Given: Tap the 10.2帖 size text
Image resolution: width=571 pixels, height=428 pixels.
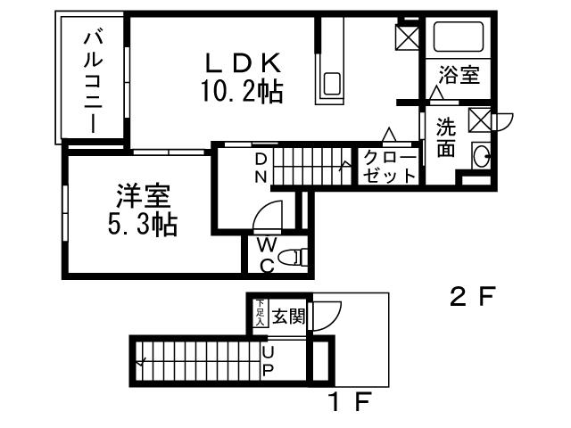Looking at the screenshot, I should click(x=243, y=90).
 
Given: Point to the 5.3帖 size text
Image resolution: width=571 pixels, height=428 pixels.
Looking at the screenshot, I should click(x=141, y=225).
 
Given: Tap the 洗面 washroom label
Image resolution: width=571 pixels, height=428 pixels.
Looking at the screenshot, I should click(x=445, y=137).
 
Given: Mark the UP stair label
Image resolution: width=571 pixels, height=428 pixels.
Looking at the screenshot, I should click(x=268, y=363).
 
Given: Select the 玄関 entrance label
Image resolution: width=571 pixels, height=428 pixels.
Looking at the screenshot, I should click(x=288, y=315).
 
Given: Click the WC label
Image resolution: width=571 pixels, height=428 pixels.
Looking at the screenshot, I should click(x=266, y=254).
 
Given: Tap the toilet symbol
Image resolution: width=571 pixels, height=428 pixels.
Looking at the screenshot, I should click(x=293, y=258).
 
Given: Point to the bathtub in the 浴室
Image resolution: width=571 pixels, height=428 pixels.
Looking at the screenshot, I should click(x=458, y=37).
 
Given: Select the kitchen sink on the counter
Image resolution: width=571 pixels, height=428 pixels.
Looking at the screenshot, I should click(x=332, y=85).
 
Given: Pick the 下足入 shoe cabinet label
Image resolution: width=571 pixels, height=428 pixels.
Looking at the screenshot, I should click(x=260, y=313).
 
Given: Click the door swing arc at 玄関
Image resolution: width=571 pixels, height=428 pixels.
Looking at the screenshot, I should click(x=327, y=315).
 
